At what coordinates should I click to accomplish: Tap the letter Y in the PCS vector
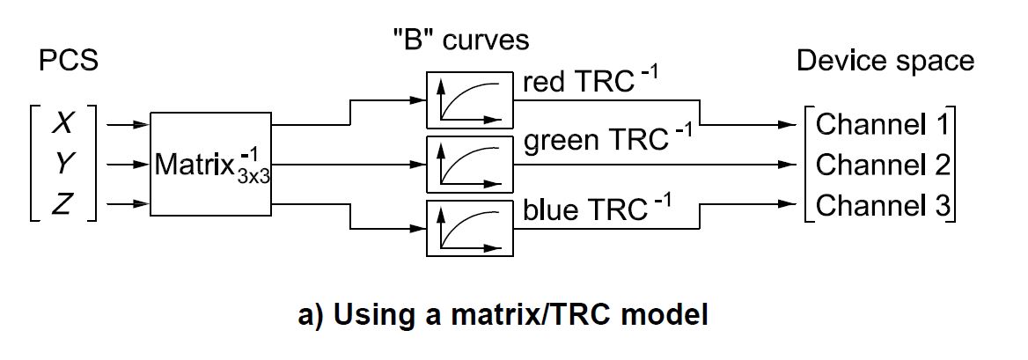pos(62,165)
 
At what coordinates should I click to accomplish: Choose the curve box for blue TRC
pos(469,229)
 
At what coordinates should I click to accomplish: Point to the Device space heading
pos(885,61)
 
